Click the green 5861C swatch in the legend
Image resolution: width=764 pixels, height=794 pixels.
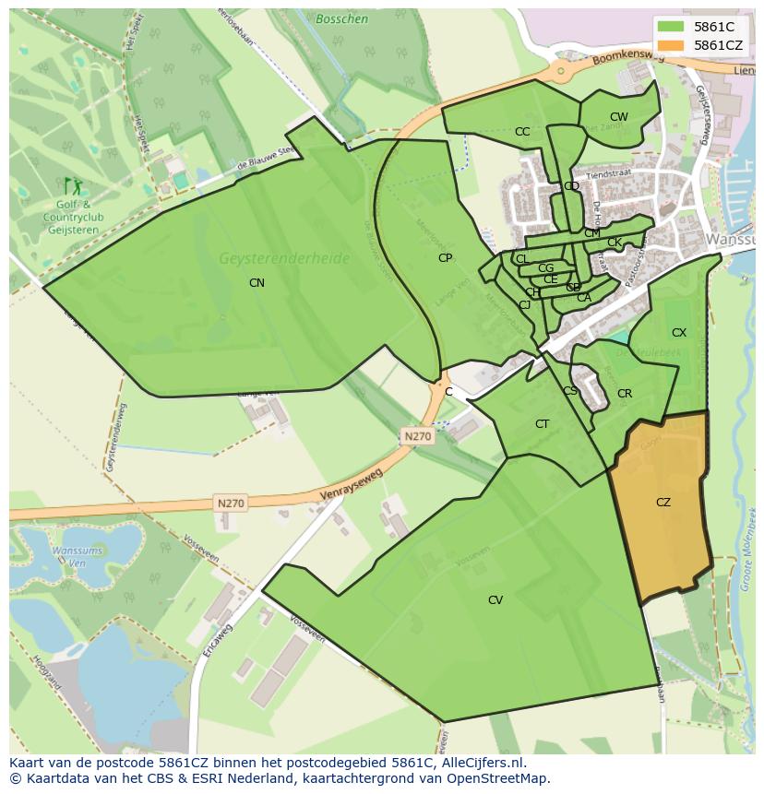tap(671, 27)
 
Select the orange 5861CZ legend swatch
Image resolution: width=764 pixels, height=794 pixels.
tap(671, 45)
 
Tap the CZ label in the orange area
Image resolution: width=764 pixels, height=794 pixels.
tap(663, 503)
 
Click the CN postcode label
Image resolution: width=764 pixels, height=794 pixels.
tap(257, 283)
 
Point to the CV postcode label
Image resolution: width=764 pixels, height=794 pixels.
tap(495, 600)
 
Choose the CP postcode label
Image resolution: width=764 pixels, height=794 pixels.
tap(446, 258)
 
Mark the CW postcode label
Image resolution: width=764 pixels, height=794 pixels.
tap(618, 117)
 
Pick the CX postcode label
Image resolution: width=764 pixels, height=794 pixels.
tap(679, 333)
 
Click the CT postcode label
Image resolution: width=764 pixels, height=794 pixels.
tap(543, 424)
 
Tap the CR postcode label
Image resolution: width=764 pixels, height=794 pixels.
tap(625, 394)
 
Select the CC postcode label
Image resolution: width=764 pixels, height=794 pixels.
tap(522, 132)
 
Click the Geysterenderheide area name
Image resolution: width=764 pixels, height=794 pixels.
tap(284, 259)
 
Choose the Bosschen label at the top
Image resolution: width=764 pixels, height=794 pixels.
tap(341, 18)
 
